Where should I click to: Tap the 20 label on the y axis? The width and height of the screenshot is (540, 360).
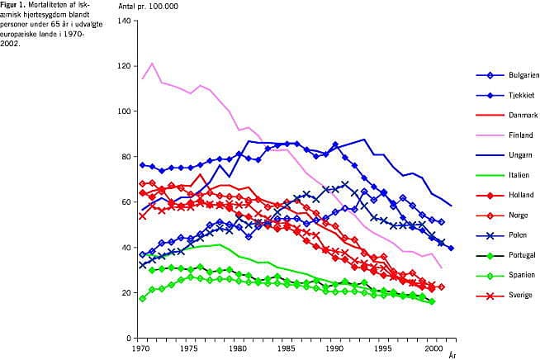click(129, 292)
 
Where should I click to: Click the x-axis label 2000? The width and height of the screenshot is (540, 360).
click(434, 349)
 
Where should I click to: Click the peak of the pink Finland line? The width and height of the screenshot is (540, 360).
click(152, 64)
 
